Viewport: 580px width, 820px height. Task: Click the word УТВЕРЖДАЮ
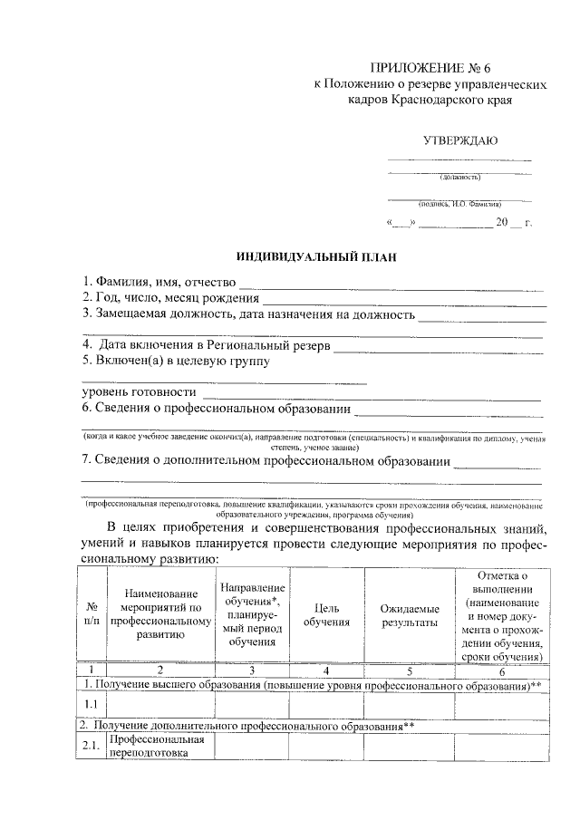tap(459, 140)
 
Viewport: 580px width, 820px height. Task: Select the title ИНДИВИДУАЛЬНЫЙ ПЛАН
tap(311, 257)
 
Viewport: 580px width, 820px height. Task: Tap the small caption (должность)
tap(459, 177)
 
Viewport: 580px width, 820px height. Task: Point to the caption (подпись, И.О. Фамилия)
tap(459, 206)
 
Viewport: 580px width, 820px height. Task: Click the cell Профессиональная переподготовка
tap(158, 746)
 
